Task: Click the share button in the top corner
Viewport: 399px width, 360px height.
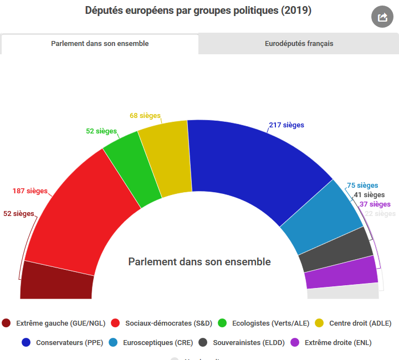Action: click(382, 17)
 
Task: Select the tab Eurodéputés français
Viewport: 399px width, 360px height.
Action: click(299, 44)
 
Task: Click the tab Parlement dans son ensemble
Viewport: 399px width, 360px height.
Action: click(100, 44)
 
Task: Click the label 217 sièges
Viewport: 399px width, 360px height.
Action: click(287, 125)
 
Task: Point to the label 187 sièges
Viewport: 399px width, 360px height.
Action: click(30, 192)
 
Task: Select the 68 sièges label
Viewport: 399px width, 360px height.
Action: click(145, 116)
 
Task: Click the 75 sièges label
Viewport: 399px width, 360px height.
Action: click(362, 186)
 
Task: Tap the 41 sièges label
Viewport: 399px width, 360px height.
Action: click(369, 195)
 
